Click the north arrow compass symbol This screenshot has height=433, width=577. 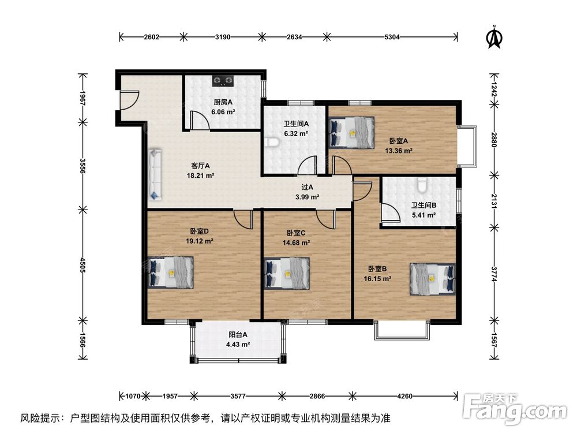pyautogui.click(x=493, y=36)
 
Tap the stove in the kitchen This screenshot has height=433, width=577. pyautogui.click(x=223, y=80)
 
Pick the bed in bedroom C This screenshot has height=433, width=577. pyautogui.click(x=286, y=272)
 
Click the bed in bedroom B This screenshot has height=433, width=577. pyautogui.click(x=432, y=278)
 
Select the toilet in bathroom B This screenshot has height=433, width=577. pyautogui.click(x=422, y=184)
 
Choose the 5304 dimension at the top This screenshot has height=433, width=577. pyautogui.click(x=392, y=37)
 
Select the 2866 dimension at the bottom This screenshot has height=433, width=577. pyautogui.click(x=317, y=397)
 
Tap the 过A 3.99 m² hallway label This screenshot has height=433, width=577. pyautogui.click(x=307, y=192)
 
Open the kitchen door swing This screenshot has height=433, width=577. pyautogui.click(x=199, y=121)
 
